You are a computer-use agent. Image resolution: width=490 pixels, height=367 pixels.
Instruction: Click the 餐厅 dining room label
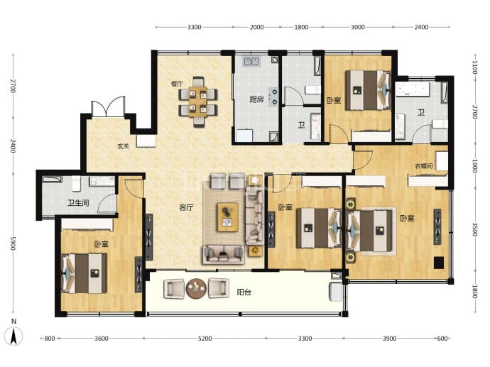pyautogui.click(x=177, y=84)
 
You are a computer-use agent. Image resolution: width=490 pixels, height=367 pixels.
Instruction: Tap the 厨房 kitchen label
pyautogui.click(x=256, y=99)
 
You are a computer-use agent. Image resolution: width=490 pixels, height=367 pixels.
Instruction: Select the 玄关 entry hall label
pyautogui.click(x=123, y=146)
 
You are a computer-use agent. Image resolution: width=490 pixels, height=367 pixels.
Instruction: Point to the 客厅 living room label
pyautogui.click(x=186, y=207)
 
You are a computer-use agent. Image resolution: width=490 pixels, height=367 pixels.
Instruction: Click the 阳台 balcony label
pyautogui.click(x=244, y=292)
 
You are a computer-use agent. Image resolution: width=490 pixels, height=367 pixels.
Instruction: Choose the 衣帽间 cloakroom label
pyautogui.click(x=423, y=166)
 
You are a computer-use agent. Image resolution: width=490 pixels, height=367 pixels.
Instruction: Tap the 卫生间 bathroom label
pyautogui.click(x=78, y=203)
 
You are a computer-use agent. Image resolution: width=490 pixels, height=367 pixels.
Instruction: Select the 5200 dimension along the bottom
pyautogui.click(x=205, y=339)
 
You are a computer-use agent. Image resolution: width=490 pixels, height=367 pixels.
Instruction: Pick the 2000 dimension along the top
pyautogui.click(x=256, y=27)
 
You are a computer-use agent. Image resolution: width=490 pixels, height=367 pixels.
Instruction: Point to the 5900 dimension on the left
pyautogui.click(x=13, y=243)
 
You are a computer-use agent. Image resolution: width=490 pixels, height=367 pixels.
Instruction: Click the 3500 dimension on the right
pyautogui.click(x=474, y=229)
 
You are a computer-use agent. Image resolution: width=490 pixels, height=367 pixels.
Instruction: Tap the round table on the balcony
pyautogui.click(x=196, y=288)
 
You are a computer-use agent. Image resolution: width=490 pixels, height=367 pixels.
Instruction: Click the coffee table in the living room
pyautogui.click(x=228, y=217)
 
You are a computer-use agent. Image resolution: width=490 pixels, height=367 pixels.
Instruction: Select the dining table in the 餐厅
pyautogui.click(x=198, y=102)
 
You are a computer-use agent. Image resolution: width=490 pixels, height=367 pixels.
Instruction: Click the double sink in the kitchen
pyautogui.click(x=252, y=61)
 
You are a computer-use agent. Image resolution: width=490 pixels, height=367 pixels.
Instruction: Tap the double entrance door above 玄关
pyautogui.click(x=108, y=106)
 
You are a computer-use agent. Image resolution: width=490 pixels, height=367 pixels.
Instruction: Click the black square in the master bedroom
pyautogui.click(x=438, y=263)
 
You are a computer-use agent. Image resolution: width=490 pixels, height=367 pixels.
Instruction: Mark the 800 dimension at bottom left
pyautogui.click(x=50, y=339)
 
